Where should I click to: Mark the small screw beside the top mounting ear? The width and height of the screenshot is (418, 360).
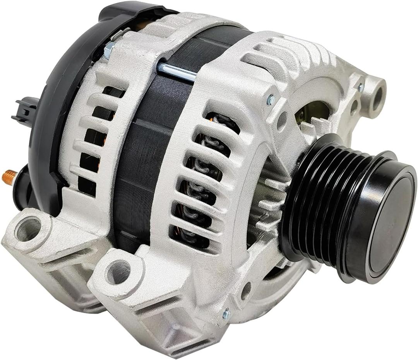pos(361,87)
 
